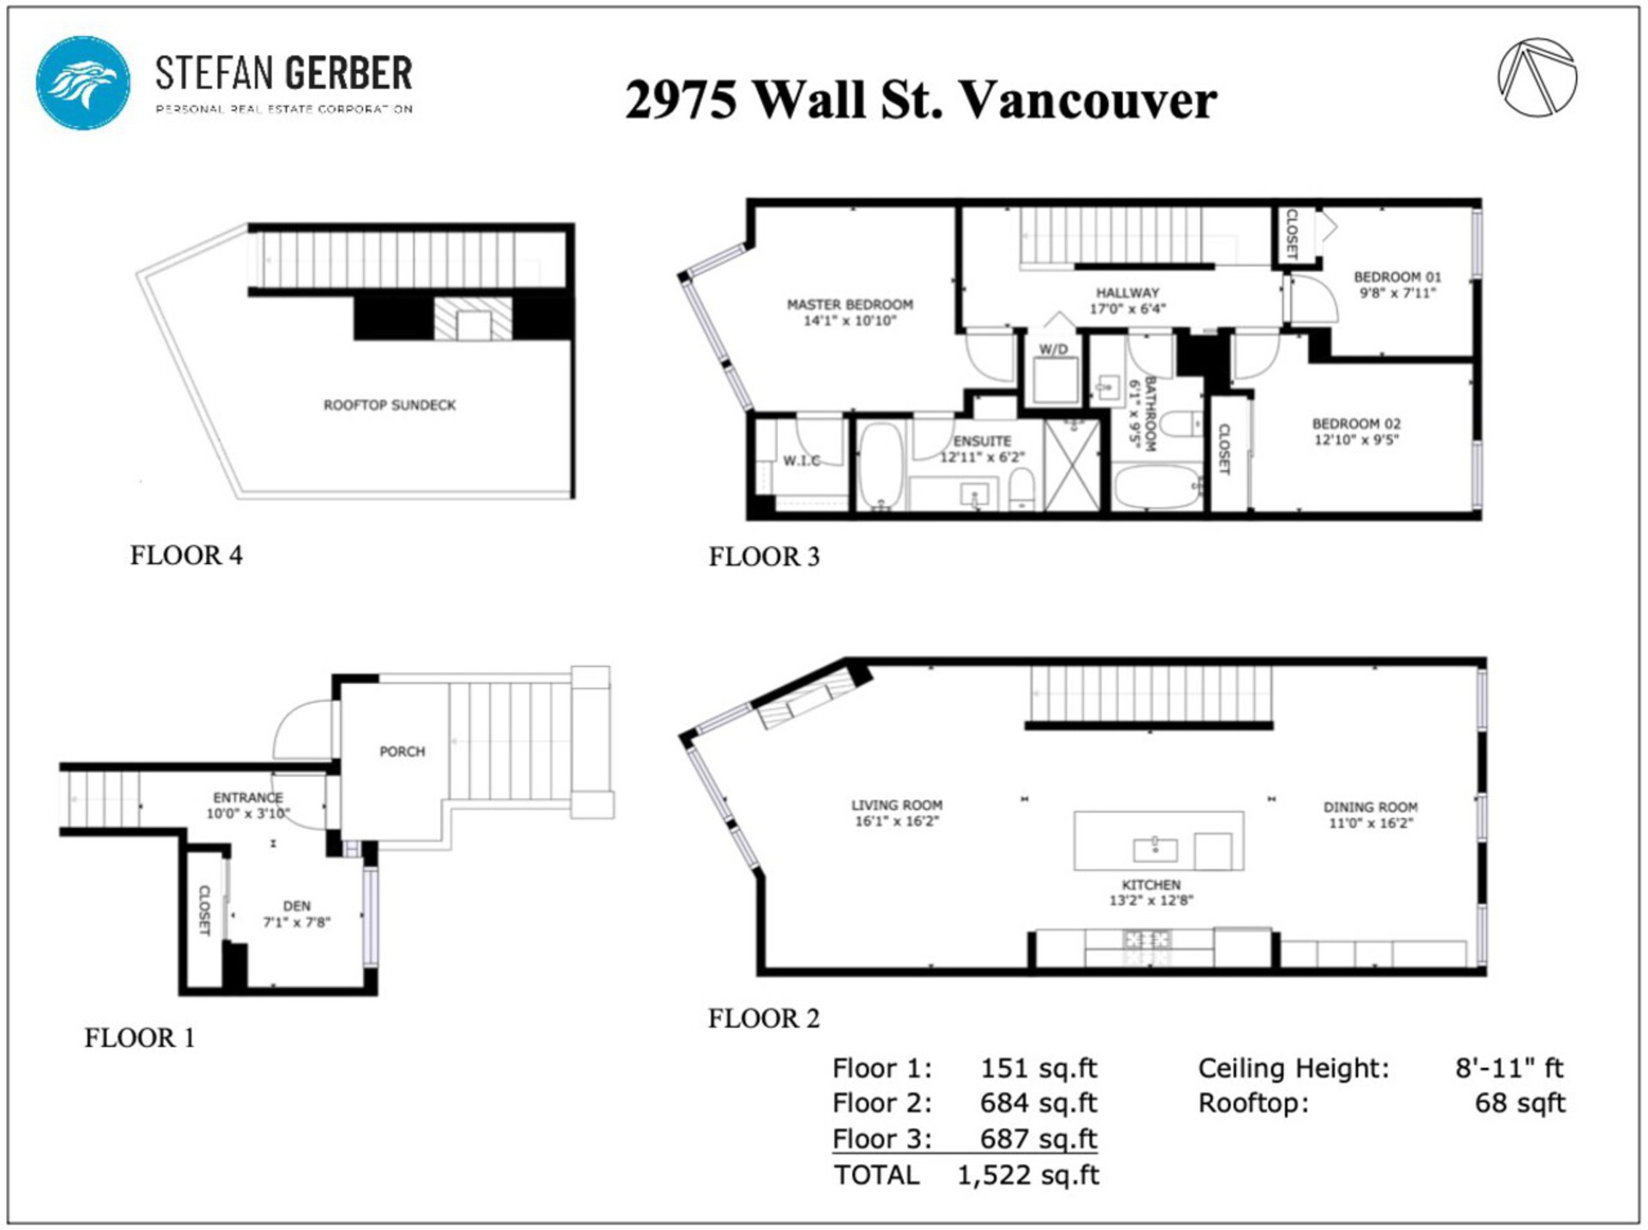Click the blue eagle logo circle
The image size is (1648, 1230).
click(82, 82)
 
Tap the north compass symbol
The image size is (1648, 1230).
click(1536, 77)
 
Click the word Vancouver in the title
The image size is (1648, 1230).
click(1088, 100)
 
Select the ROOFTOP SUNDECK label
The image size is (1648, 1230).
click(390, 405)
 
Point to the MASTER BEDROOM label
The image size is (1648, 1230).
click(850, 305)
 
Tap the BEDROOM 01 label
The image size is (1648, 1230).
click(1397, 277)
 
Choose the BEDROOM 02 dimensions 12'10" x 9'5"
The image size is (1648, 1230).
click(1356, 440)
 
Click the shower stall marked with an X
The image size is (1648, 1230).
click(1072, 464)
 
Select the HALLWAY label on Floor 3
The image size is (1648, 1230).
click(1127, 293)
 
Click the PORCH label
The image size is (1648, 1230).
click(403, 752)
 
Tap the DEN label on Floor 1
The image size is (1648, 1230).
click(297, 906)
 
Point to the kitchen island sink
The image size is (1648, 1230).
click(1155, 849)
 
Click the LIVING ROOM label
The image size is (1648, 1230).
click(897, 805)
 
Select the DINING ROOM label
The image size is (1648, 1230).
click(1371, 807)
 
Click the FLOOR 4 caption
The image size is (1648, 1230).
click(186, 555)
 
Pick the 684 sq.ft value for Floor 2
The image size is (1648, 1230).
click(1039, 1103)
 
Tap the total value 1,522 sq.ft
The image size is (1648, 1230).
click(1027, 1175)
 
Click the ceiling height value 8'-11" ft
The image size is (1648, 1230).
click(1510, 1068)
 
